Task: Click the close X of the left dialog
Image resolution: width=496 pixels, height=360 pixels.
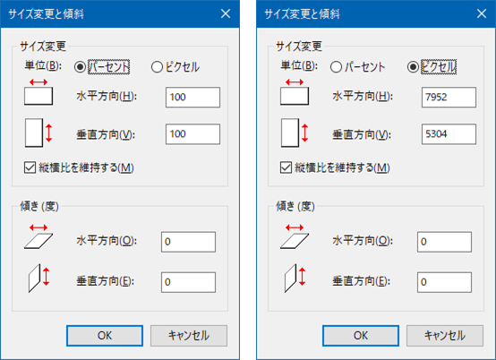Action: point(226,13)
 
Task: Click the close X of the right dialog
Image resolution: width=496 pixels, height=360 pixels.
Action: point(482,13)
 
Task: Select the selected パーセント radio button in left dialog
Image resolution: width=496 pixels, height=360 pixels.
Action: point(80,67)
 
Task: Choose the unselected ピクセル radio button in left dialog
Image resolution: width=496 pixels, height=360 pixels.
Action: point(157,67)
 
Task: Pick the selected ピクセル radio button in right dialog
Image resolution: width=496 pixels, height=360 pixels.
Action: point(413,67)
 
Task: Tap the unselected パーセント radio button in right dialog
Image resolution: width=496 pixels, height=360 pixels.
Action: point(336,67)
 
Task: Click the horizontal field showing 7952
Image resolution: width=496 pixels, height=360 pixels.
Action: point(449,97)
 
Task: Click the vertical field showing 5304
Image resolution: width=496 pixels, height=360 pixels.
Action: point(449,134)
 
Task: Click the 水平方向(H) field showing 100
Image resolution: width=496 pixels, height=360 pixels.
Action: point(192,97)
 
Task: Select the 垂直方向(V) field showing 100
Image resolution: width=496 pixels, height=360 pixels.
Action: point(192,134)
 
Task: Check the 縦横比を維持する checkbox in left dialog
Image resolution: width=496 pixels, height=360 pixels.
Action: point(30,167)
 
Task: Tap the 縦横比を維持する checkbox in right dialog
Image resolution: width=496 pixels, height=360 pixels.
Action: point(286,167)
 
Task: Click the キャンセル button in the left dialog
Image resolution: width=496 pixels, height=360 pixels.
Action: point(189,336)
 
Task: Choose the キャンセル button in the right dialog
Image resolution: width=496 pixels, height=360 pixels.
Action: point(444,336)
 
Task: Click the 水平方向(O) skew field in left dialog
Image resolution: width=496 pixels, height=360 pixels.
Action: point(188,242)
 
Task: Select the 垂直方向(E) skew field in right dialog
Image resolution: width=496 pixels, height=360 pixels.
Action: point(444,282)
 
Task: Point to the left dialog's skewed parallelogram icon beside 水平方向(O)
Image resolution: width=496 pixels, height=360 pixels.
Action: point(38,241)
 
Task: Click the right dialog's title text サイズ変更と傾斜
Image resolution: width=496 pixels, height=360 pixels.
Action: point(302,14)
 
